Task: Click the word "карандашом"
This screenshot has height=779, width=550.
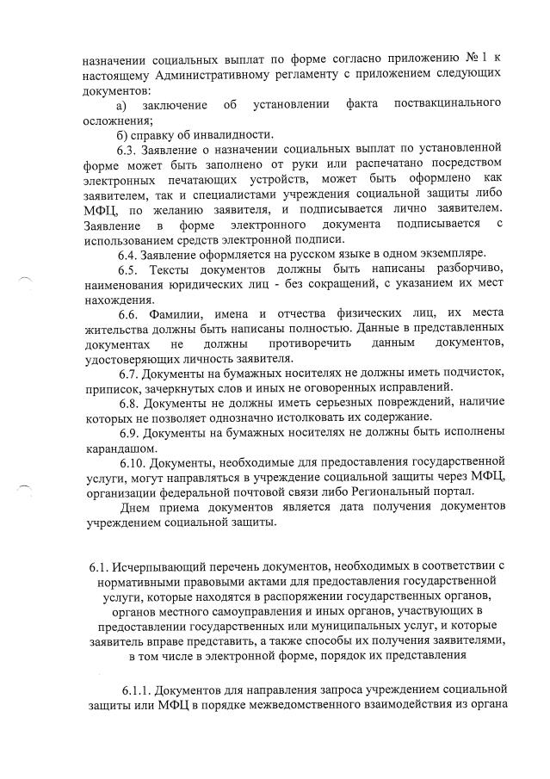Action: click(120, 448)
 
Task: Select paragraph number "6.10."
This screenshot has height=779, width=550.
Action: click(135, 462)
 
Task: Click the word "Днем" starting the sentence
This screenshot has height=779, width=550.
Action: click(139, 507)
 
